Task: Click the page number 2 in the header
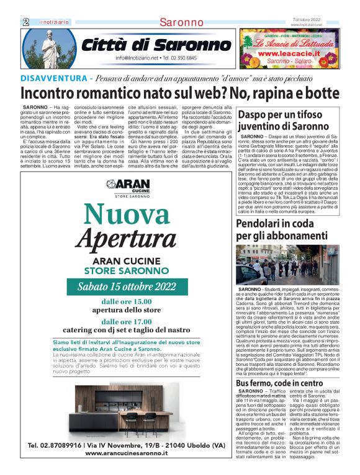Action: click(26, 22)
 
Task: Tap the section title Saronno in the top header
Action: click(181, 22)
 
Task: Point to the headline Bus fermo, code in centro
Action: click(279, 383)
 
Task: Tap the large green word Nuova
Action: click(127, 215)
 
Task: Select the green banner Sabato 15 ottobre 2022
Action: click(127, 286)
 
